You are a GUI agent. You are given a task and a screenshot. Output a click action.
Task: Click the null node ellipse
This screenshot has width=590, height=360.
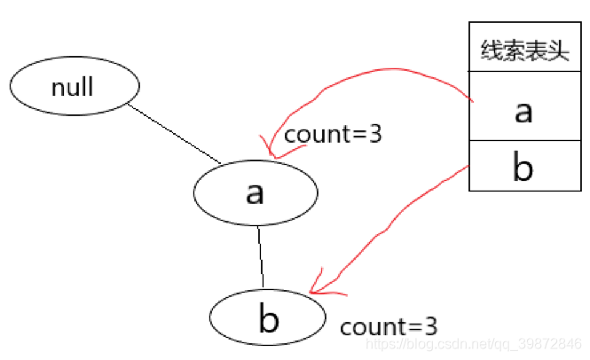pos(75,87)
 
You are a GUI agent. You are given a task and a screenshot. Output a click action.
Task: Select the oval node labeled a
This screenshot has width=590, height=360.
pos(255,192)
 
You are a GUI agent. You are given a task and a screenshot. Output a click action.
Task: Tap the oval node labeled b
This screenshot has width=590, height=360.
pos(268,318)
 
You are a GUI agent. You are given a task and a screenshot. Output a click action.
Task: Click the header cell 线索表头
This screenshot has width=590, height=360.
pos(523,50)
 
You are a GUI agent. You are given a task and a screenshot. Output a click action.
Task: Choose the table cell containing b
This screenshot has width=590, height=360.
pos(523,166)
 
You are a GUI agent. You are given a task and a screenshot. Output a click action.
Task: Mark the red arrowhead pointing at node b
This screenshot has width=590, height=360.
pos(318,286)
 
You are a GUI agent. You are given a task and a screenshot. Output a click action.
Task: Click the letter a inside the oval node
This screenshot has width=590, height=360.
pos(255,192)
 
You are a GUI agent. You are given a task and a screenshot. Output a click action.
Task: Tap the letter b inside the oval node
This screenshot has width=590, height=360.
pos(268,318)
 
